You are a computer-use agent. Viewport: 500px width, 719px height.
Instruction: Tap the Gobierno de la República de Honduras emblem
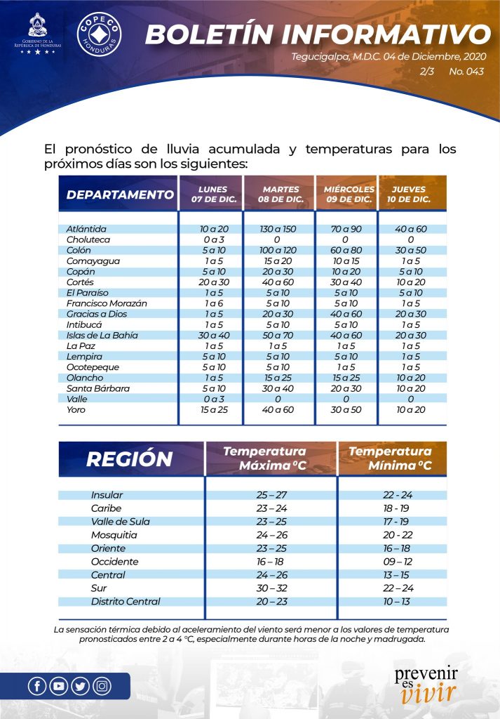38,34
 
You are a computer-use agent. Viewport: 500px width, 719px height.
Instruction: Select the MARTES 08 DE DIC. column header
281,194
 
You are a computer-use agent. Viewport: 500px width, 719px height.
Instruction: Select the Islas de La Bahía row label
102,335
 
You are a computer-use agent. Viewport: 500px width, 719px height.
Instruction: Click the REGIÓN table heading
129,459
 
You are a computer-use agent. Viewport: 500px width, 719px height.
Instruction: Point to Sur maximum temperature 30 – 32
271,588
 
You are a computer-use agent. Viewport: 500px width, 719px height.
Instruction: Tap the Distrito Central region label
126,601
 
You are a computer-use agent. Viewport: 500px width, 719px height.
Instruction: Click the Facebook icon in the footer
38,686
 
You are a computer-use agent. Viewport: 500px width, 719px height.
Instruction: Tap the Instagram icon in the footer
102,686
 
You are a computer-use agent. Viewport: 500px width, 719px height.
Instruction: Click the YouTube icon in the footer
59,686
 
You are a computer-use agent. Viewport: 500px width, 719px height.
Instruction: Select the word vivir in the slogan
428,693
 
